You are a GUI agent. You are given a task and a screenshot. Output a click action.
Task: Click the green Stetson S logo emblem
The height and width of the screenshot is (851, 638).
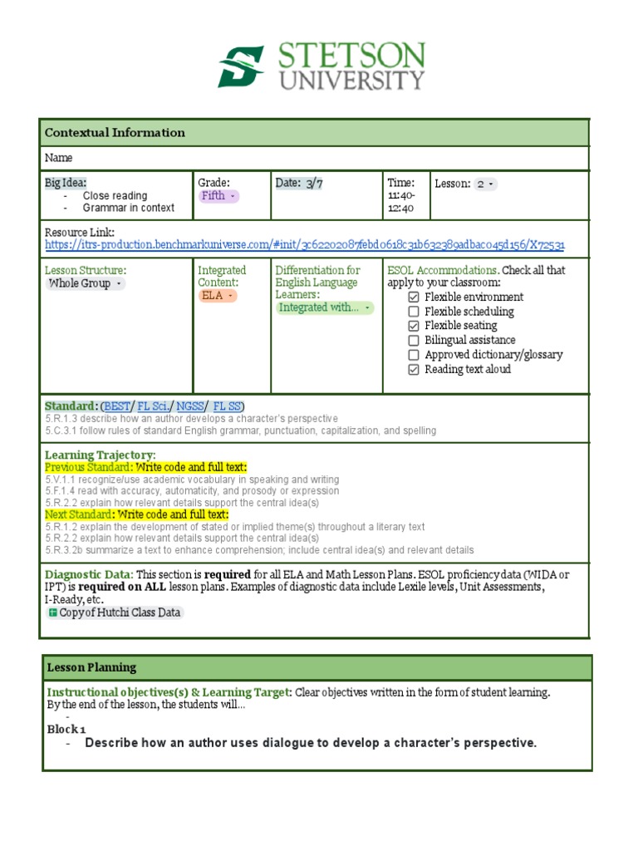241,66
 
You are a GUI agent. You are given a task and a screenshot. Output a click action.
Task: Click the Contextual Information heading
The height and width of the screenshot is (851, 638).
115,133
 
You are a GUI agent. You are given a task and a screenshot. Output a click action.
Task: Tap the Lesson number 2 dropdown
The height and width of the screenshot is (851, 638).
486,184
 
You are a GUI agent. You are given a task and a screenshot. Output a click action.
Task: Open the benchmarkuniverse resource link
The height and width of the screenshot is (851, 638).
304,245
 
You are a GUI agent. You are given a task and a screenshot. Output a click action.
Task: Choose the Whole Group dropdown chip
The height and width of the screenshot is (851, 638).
86,283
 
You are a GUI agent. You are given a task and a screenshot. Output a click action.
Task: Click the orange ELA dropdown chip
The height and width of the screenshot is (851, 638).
218,296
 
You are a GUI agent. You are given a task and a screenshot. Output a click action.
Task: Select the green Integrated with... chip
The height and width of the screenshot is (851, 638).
325,307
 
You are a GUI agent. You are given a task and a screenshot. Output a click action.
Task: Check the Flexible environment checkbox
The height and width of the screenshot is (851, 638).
415,298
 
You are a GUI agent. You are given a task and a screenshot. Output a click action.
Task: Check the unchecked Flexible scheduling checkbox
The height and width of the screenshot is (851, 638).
415,312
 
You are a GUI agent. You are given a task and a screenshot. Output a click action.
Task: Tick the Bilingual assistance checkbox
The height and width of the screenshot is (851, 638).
415,341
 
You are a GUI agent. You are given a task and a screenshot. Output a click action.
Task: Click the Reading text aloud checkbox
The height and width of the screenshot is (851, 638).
415,370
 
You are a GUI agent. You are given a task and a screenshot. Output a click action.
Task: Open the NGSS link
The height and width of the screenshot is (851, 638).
190,406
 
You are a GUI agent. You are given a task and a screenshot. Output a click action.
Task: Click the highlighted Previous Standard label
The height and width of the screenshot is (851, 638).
145,468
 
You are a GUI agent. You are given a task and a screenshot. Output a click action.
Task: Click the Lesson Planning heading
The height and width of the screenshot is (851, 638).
91,667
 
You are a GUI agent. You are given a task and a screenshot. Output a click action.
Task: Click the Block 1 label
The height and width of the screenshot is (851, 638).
66,729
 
